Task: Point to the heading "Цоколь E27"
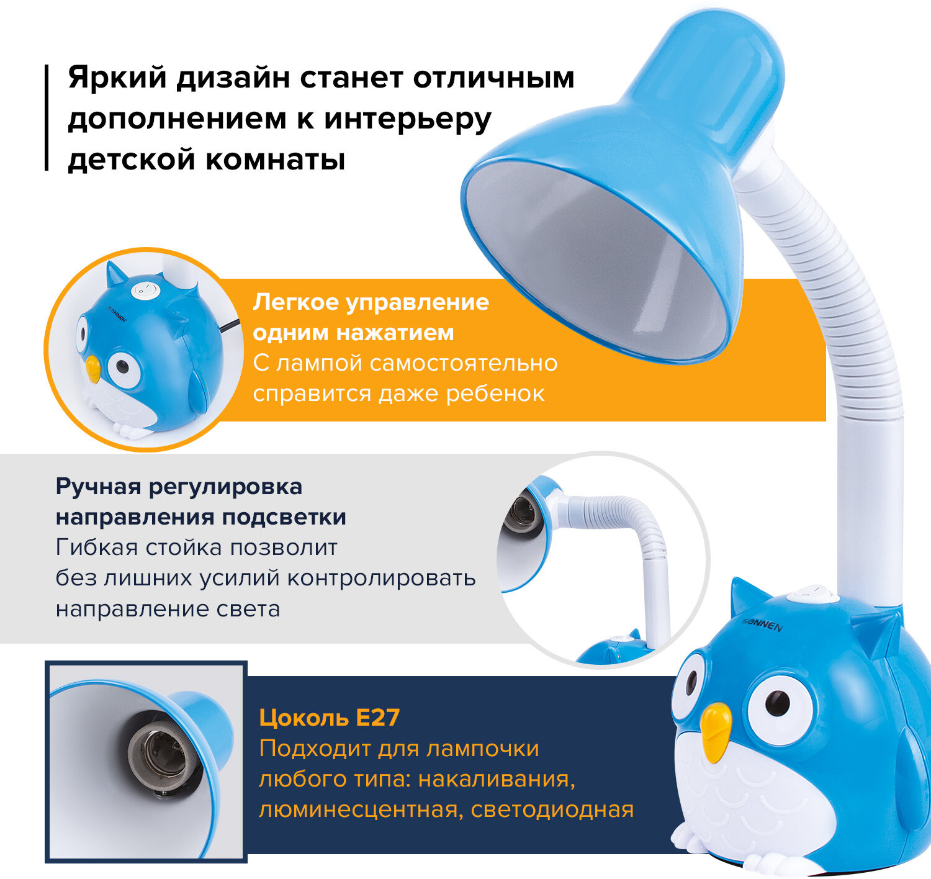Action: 329,717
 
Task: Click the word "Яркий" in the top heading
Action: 117,78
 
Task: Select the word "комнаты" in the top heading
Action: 275,160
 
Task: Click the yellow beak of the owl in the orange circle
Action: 93,368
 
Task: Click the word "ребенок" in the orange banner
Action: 495,394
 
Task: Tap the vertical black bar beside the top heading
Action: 47,117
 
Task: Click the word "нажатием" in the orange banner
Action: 395,333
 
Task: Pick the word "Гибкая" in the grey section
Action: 97,547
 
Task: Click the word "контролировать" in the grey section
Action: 381,578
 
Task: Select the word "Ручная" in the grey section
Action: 99,487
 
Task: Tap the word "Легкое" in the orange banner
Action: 295,302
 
